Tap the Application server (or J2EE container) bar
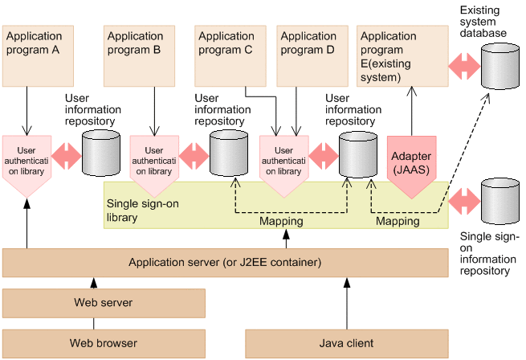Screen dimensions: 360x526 point(225,263)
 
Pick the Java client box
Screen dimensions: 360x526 point(347,343)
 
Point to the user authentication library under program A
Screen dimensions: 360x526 point(27,162)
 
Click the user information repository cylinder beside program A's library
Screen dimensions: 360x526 point(100,153)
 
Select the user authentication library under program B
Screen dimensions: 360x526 point(153,162)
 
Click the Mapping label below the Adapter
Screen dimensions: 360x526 point(398,221)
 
